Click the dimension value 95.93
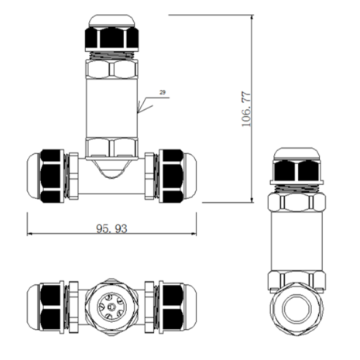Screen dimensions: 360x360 pos(111,228)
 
